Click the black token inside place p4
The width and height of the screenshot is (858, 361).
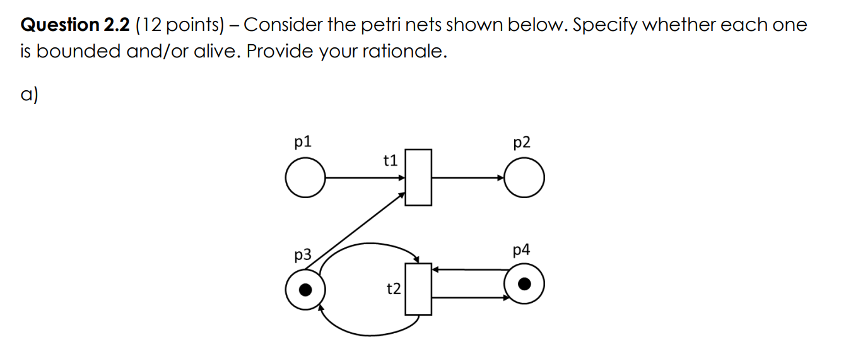point(524,285)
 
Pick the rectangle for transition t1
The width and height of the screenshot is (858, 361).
point(418,177)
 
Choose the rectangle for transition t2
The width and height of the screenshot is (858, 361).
point(418,289)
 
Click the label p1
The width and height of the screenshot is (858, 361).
point(303,141)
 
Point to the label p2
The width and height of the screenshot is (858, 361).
point(522,143)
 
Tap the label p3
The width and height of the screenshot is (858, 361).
point(303,255)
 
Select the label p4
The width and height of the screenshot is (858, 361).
point(522,250)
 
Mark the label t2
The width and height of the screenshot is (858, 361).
point(393,289)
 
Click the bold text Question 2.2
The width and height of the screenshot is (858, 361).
point(76,25)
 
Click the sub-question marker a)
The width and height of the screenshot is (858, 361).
point(29,95)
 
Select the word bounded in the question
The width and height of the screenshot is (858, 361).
point(78,52)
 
